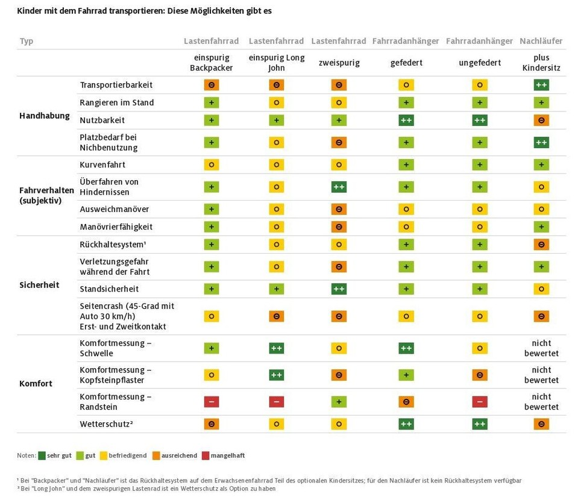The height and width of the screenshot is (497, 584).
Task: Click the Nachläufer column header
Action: click(x=541, y=41)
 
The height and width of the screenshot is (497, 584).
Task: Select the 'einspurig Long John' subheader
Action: click(x=277, y=63)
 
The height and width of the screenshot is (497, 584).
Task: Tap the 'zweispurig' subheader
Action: click(x=338, y=63)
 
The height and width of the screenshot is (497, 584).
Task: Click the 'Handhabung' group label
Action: click(x=45, y=116)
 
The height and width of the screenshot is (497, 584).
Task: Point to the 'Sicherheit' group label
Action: click(x=39, y=285)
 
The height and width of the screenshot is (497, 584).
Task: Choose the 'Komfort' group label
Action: click(x=36, y=383)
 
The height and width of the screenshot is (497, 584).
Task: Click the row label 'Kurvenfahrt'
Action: click(x=102, y=164)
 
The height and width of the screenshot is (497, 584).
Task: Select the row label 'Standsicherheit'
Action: click(x=109, y=289)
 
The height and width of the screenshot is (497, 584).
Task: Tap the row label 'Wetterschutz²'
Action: click(x=106, y=424)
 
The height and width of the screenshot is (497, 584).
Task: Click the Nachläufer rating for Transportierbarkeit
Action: click(x=541, y=85)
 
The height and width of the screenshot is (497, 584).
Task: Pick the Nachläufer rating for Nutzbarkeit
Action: click(x=541, y=120)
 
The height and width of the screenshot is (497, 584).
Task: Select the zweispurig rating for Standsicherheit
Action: click(x=339, y=289)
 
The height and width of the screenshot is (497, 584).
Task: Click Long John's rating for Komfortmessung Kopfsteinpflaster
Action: click(x=277, y=375)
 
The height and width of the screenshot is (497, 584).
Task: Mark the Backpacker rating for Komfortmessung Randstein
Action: click(x=212, y=402)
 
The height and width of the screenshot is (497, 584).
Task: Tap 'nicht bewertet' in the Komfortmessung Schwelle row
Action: click(x=541, y=348)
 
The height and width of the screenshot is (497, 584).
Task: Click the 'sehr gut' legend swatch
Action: click(x=42, y=455)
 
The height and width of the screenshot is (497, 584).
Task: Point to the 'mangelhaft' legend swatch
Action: click(x=206, y=455)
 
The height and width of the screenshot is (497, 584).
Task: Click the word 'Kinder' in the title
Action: click(x=30, y=11)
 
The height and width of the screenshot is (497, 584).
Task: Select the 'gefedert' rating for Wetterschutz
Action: click(x=406, y=424)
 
